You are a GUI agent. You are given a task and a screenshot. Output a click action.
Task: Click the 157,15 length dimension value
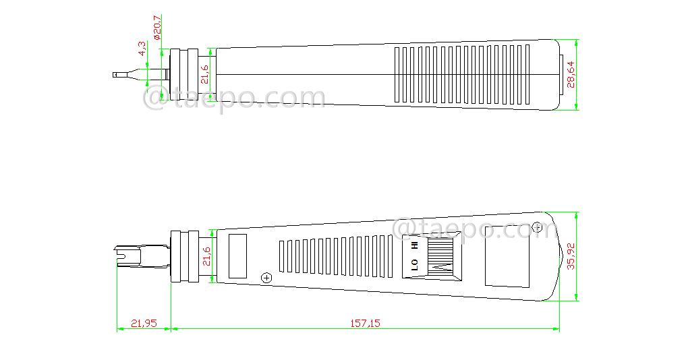[365, 324]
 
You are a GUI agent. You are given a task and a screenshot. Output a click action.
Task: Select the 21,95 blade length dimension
[144, 324]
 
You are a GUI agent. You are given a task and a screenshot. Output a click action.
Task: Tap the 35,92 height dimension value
[571, 257]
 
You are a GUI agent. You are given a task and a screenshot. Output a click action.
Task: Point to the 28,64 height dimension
[571, 73]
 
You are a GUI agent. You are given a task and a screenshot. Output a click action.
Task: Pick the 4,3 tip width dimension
[142, 49]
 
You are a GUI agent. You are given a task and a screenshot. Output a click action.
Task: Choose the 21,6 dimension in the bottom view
[206, 256]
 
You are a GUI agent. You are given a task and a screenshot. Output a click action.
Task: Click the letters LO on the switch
[414, 265]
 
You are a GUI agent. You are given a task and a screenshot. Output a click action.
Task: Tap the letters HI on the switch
[414, 246]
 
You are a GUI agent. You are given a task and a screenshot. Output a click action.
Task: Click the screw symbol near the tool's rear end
[537, 227]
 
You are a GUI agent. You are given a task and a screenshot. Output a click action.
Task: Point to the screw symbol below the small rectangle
[266, 278]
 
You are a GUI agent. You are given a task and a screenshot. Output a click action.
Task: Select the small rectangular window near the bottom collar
[239, 256]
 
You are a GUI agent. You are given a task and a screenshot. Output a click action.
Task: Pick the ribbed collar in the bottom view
[183, 256]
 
